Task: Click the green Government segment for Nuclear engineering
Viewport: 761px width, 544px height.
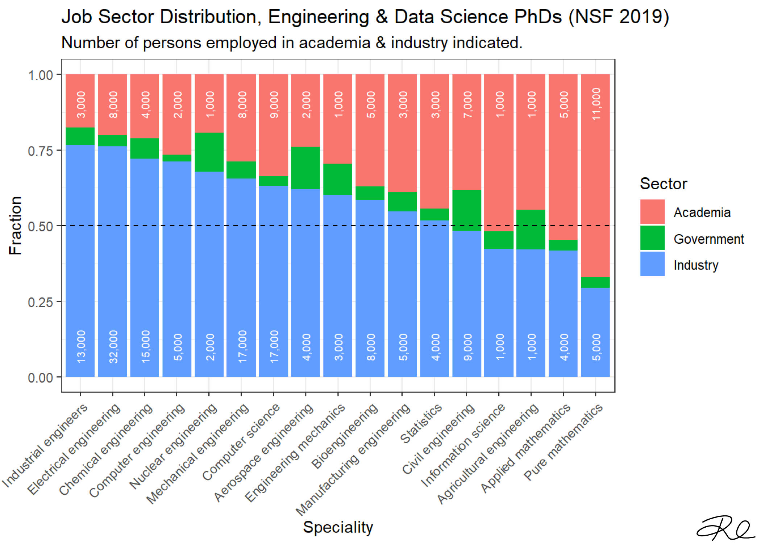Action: [209, 152]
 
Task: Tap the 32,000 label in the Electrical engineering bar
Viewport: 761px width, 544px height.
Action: [113, 346]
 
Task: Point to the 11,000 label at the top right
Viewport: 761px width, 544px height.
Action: [596, 104]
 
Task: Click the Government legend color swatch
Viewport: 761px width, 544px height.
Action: [652, 238]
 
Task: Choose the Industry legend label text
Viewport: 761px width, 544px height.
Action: [696, 265]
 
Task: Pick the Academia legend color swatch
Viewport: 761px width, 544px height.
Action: [652, 212]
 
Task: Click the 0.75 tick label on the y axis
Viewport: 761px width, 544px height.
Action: [40, 151]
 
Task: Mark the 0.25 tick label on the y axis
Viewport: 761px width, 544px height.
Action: [40, 302]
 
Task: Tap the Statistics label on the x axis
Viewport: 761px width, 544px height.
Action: [421, 424]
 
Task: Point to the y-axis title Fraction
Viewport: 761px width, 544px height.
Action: [15, 225]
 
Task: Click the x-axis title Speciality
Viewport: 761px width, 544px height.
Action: [338, 527]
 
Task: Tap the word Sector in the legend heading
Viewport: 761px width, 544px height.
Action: [663, 184]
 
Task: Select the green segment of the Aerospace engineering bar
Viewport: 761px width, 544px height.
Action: [305, 168]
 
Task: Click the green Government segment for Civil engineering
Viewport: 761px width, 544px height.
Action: [466, 210]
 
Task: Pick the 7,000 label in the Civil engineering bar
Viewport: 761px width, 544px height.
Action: [467, 104]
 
